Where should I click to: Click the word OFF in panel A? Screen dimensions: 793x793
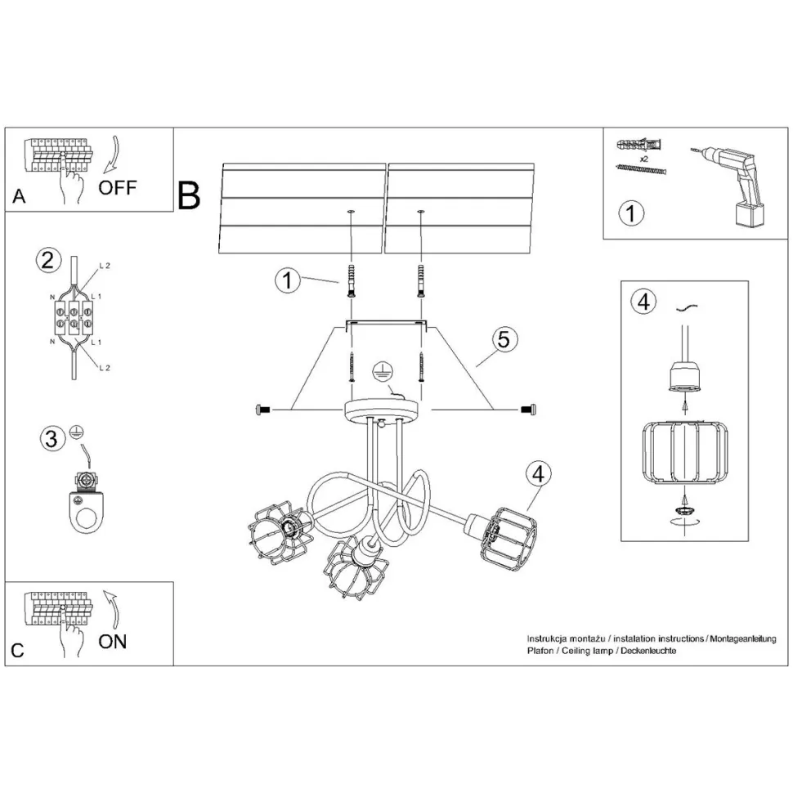point(118,186)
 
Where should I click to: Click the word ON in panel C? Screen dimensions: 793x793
point(113,641)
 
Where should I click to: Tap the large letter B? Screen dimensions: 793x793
point(189,195)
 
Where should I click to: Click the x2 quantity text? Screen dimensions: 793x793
point(644,158)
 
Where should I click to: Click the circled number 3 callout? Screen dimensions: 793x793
point(52,439)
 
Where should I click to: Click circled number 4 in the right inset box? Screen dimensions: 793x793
point(644,302)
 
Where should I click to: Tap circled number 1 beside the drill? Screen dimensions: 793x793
point(630,213)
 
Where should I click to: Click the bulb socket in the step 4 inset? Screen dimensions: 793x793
point(683,377)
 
